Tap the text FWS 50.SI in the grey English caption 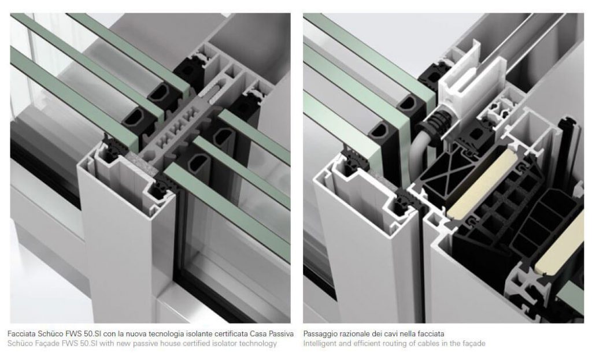pos(80,343)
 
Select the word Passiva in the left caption pos(281,333)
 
